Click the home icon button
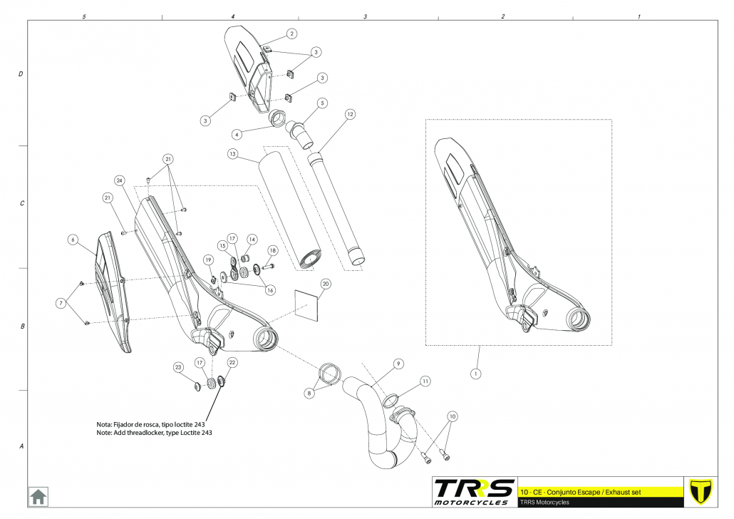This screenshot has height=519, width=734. (38, 495)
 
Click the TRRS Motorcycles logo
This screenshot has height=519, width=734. (474, 491)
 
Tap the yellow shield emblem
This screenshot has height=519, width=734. (703, 491)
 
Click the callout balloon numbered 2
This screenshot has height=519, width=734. (291, 34)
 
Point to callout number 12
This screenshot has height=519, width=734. (350, 114)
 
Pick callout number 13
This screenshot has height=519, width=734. (232, 153)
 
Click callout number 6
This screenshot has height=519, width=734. (73, 240)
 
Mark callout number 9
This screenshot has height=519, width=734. (398, 364)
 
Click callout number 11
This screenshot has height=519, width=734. (425, 381)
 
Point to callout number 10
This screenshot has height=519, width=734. (452, 416)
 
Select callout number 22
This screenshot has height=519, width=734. (232, 362)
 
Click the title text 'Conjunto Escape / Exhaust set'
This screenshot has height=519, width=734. (591, 492)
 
